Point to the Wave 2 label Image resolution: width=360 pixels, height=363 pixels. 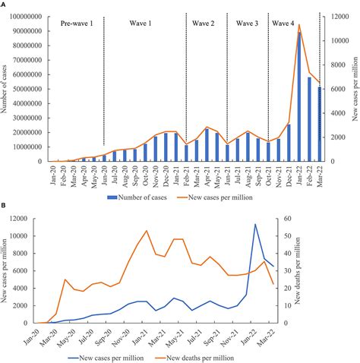pos(207,24)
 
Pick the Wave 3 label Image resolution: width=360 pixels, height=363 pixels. pos(248,24)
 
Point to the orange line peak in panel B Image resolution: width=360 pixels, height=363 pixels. pos(147,231)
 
